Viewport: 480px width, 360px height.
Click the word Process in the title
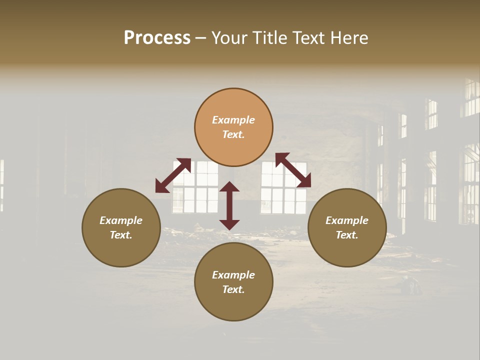pos(157,38)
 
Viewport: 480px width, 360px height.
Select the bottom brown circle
pos(233,305)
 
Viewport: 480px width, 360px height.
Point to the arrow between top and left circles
pos(173,175)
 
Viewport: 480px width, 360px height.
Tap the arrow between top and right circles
pos(293,170)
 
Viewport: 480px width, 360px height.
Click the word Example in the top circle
pos(233,120)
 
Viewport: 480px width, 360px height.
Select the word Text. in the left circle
pos(121,235)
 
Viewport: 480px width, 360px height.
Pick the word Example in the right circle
pos(347,220)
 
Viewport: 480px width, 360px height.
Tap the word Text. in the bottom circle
pos(233,289)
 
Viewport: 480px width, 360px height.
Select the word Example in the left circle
pos(121,220)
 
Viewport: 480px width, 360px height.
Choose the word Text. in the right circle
pos(347,235)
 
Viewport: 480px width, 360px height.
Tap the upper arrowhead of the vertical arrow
pos(229,187)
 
